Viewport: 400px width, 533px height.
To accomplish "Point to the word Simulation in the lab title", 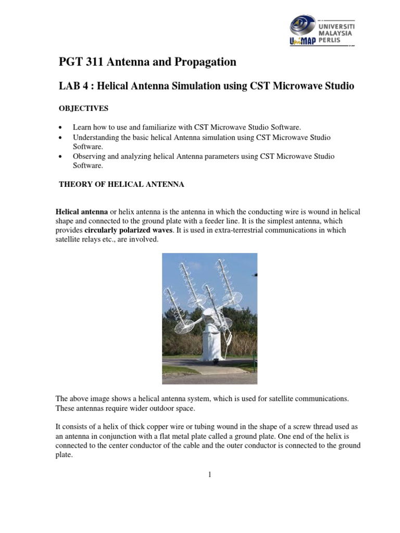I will (200, 86).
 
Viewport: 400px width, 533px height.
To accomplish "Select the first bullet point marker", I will (61, 128).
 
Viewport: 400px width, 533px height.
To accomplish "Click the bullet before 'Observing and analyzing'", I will (61, 156).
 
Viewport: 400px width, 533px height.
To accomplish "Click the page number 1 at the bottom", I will (208, 474).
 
